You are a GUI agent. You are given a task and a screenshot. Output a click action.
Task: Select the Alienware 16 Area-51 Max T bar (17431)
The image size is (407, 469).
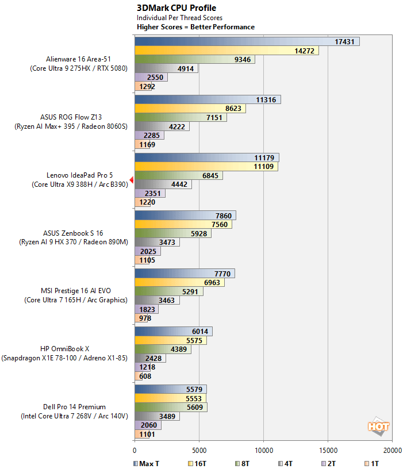(x=247, y=41)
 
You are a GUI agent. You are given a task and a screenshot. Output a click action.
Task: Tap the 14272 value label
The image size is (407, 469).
(x=304, y=51)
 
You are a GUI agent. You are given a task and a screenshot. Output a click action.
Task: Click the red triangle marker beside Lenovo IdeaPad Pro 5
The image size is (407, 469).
(x=131, y=180)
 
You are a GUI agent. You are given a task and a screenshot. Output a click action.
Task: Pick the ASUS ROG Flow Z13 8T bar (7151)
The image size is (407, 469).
(x=181, y=117)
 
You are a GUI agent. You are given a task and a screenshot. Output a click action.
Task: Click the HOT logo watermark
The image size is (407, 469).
(x=379, y=426)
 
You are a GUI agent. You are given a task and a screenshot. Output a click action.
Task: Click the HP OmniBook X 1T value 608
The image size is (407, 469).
(x=144, y=376)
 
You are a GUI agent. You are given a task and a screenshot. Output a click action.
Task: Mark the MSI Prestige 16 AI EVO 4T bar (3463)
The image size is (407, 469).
(x=157, y=300)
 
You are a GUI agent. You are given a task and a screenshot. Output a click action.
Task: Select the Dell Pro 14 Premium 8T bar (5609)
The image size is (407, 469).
(x=171, y=407)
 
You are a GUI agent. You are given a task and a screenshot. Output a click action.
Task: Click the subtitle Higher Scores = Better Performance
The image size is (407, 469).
(x=195, y=27)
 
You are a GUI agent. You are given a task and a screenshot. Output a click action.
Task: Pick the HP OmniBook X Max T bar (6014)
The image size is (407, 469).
(x=173, y=332)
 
